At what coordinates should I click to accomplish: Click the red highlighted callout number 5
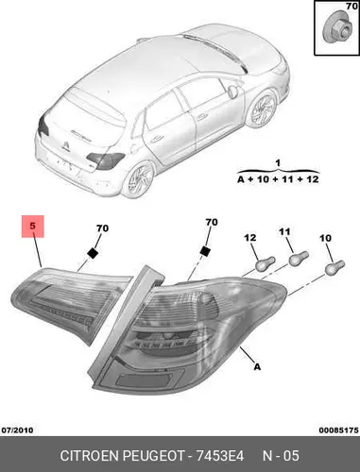point(33,226)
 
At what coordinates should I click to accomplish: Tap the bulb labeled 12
point(266,264)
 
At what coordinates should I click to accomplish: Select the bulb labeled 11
point(299,258)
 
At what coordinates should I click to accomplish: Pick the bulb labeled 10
point(334,267)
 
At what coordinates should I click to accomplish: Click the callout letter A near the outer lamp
point(257,366)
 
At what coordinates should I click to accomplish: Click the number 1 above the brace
point(278,163)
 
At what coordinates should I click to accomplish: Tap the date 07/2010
point(17,430)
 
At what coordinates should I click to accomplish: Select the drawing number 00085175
point(338,430)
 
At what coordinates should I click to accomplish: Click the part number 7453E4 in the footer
point(220,456)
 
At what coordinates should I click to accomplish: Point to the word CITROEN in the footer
point(90,456)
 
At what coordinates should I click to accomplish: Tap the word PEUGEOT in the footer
point(153,456)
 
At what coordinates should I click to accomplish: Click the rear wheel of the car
point(138,179)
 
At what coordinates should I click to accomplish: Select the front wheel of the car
point(262,109)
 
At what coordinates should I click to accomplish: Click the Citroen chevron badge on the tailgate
point(65,145)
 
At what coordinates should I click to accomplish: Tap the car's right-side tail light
point(106,160)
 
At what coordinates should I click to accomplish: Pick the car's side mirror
point(232,92)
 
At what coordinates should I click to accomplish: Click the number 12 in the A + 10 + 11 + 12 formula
point(312,179)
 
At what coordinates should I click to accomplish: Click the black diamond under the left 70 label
point(93,253)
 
